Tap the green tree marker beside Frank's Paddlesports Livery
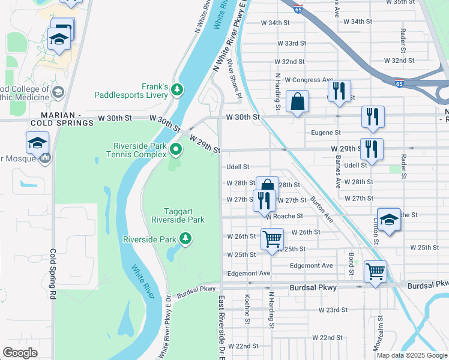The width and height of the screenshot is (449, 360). [176, 90]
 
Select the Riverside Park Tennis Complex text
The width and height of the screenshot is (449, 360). [139, 150]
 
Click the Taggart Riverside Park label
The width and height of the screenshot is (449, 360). [185, 215]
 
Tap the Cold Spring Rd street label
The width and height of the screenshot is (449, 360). [53, 274]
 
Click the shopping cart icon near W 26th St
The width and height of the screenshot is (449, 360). [272, 239]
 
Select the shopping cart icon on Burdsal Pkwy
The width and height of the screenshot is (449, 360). [375, 271]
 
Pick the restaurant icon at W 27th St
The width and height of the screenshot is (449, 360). [264, 200]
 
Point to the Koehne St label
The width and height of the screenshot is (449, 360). [247, 310]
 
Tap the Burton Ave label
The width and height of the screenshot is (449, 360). [322, 209]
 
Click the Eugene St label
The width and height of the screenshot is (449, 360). [326, 133]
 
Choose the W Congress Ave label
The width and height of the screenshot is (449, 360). [309, 80]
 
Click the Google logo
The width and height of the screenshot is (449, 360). [20, 353]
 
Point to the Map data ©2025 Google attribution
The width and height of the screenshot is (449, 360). [412, 355]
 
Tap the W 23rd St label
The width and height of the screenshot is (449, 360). [333, 310]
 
